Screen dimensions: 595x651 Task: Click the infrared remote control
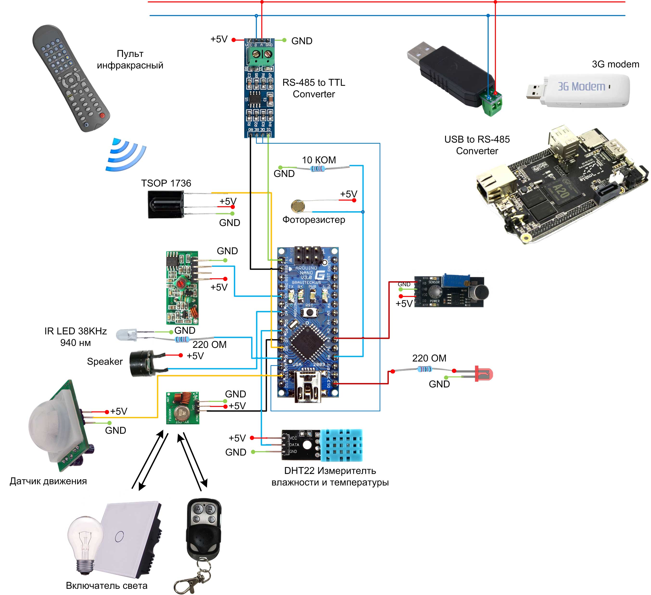[x=71, y=77]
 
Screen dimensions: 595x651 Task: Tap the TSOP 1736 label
[x=166, y=183]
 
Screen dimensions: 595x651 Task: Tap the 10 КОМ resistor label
[x=319, y=160]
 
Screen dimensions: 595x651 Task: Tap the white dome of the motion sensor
[x=48, y=423]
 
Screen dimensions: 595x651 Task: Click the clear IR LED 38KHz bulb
[x=125, y=335]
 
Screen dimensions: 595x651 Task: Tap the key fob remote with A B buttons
[x=204, y=526]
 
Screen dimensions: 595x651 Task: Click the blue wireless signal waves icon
[x=126, y=155]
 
